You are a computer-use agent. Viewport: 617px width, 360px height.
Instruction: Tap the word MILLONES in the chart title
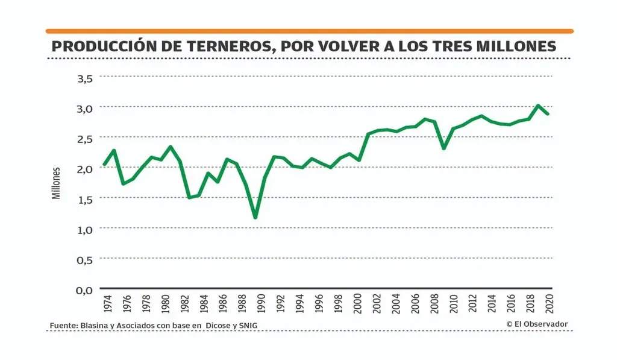click(513, 46)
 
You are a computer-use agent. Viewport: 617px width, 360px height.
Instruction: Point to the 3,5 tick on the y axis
click(84, 78)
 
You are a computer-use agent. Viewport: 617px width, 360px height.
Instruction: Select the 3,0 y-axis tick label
click(84, 108)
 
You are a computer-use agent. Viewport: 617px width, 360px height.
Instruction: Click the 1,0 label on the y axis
click(84, 229)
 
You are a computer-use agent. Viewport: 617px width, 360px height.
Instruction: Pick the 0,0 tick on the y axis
click(84, 289)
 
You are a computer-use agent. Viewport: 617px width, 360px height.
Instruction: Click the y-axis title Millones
click(56, 183)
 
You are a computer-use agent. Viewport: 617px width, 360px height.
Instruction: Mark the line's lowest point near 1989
click(255, 217)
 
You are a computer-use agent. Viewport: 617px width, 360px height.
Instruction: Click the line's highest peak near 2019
click(538, 106)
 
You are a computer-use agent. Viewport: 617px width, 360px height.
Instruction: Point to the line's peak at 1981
click(171, 147)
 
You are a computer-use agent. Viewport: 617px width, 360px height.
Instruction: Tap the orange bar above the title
click(309, 31)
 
